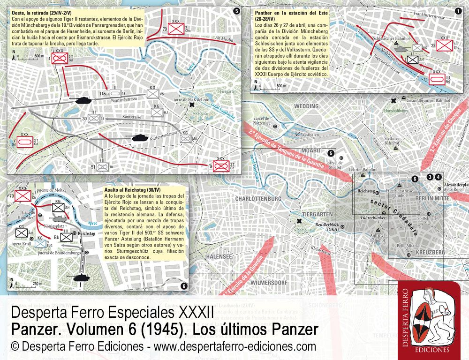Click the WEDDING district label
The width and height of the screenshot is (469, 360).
[306, 106]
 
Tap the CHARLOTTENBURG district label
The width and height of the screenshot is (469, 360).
[257, 199]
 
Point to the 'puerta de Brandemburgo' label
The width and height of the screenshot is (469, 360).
[51, 254]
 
